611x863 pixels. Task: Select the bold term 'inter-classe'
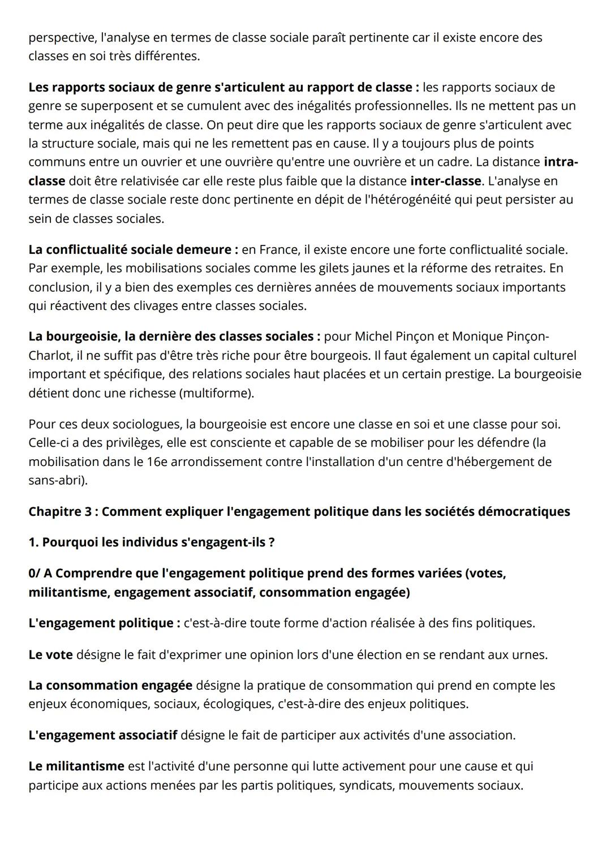(446, 181)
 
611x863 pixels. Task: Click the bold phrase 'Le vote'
(50, 655)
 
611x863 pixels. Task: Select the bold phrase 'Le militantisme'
(76, 766)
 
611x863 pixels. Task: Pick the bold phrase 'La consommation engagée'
(110, 685)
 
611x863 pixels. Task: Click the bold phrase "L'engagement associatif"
(102, 735)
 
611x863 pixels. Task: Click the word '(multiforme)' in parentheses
(216, 393)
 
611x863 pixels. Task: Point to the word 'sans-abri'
(56, 481)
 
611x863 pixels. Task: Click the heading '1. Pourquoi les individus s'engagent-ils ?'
(152, 542)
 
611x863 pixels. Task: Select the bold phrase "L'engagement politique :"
(104, 623)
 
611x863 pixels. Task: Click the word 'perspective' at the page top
(62, 38)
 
